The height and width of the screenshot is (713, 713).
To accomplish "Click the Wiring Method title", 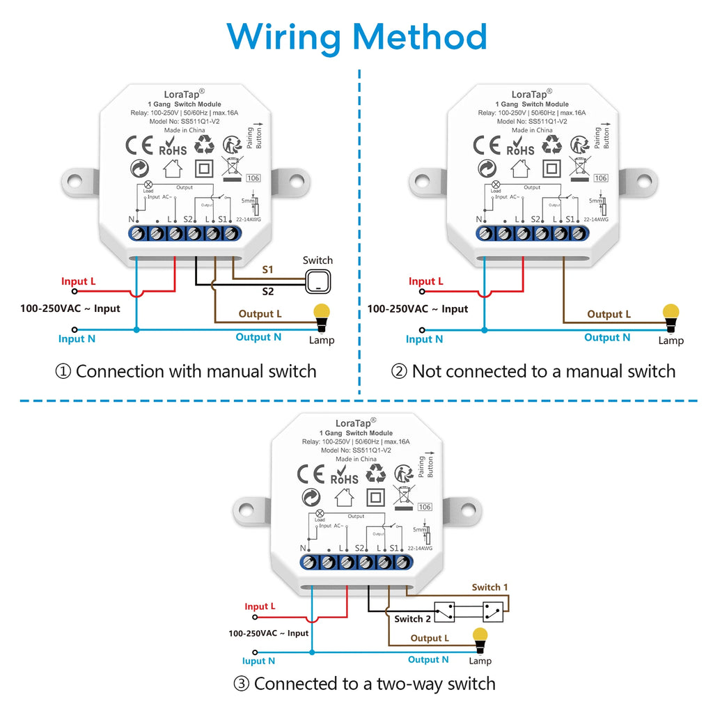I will pyautogui.click(x=356, y=36).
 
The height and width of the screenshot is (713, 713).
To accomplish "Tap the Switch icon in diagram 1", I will pyautogui.click(x=318, y=280).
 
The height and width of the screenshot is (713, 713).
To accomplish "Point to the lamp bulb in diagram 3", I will pyautogui.click(x=479, y=637).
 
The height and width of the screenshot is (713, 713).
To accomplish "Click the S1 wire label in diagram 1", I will pyautogui.click(x=268, y=269).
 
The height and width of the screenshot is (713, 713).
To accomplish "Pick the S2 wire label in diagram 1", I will pyautogui.click(x=268, y=291).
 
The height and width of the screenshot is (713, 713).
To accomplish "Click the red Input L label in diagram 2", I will pyautogui.click(x=426, y=281).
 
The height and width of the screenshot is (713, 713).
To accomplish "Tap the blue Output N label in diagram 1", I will pyautogui.click(x=258, y=337).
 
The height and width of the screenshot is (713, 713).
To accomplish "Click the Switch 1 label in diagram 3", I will pyautogui.click(x=490, y=587).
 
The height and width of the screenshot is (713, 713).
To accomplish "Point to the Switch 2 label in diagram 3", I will pyautogui.click(x=413, y=619).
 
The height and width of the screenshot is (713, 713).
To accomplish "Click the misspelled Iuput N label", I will pyautogui.click(x=258, y=660).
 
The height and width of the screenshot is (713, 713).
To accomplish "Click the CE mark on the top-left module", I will pyautogui.click(x=139, y=146).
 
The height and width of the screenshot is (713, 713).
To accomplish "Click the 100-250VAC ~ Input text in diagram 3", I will pyautogui.click(x=268, y=633).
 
